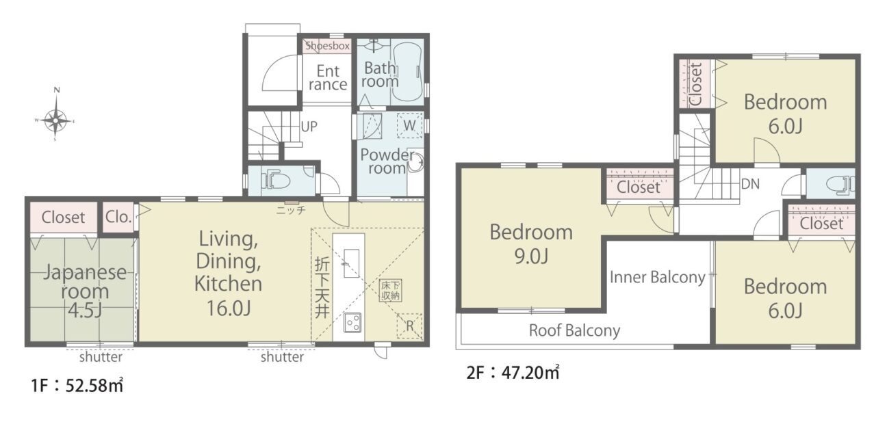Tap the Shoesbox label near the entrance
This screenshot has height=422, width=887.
tap(327, 46)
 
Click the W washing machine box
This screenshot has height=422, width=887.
tap(409, 125)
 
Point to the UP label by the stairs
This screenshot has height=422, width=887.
tap(309, 127)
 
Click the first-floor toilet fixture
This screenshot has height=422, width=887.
tap(279, 181)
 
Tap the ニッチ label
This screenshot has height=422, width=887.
tap(291, 210)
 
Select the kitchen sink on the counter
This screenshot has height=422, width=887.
tap(351, 263)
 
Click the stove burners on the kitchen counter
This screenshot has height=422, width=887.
tap(352, 323)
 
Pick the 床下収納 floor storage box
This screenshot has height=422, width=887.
tap(390, 291)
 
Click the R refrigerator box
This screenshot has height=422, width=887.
tap(409, 326)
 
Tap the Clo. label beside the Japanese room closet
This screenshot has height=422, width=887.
tap(118, 217)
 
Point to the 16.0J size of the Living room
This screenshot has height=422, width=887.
tap(229, 308)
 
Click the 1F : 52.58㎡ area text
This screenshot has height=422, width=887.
tap(77, 385)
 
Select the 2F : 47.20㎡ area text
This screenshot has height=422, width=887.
tap(513, 373)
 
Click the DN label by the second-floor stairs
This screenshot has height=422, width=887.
tap(750, 184)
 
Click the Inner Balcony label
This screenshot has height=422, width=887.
tap(658, 278)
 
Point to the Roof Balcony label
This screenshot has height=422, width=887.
tap(575, 330)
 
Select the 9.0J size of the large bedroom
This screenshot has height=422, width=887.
tap(531, 256)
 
